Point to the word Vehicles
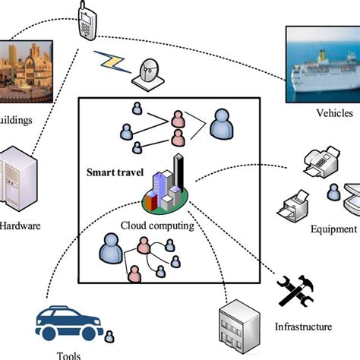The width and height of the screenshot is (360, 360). click(333, 113)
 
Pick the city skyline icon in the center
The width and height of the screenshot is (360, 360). click(166, 186)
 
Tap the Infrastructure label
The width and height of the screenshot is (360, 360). click(304, 327)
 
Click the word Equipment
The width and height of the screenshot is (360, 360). click(334, 229)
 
